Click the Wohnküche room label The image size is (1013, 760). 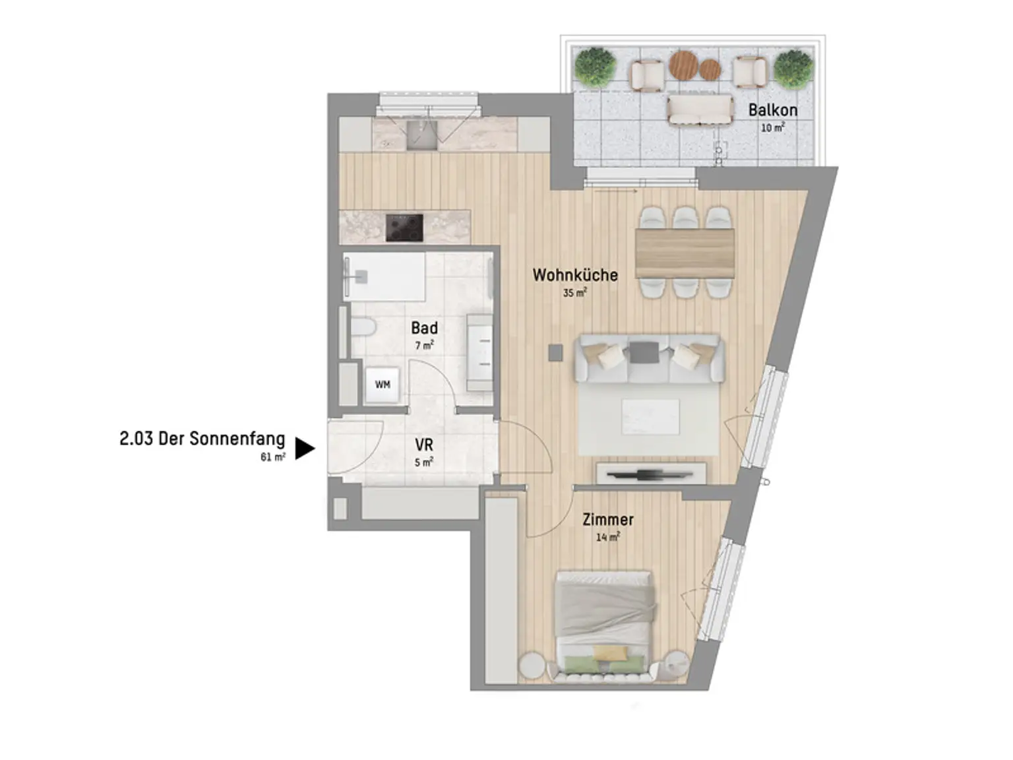pos(574,274)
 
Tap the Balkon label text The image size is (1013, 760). pos(772,110)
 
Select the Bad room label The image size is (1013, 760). pos(424,328)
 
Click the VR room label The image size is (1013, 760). pos(423,445)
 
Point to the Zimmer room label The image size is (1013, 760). pos(608,520)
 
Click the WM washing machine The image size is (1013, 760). pos(382,385)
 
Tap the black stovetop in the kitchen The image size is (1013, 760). pos(404,228)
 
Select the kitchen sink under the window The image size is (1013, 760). pos(421,135)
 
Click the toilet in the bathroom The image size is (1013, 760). pos(363,327)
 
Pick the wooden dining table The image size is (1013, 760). pos(685,254)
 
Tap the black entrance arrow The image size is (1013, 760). pos(304,449)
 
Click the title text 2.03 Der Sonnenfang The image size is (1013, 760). pos(202,439)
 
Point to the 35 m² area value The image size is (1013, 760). pos(574,292)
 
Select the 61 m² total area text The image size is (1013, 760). pos(273,457)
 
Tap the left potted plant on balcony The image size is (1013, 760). pos(596,67)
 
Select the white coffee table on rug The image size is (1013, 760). pos(650,417)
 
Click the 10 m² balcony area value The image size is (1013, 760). pos(772,127)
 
